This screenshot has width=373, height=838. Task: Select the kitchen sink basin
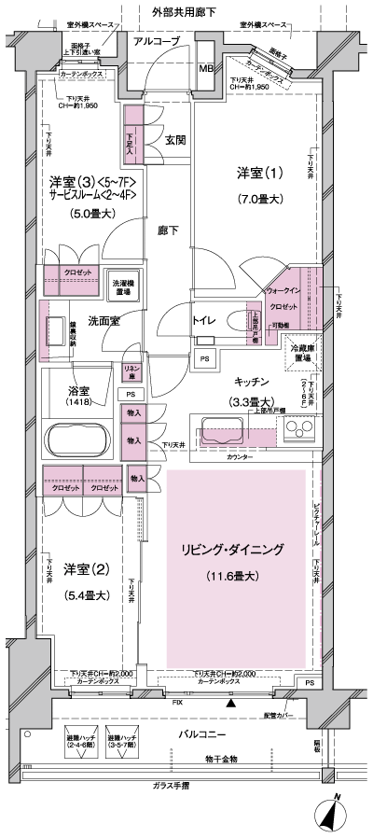point(222,432)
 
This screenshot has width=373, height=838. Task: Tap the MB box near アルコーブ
point(206,69)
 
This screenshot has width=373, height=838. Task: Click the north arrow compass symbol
point(335,810)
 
